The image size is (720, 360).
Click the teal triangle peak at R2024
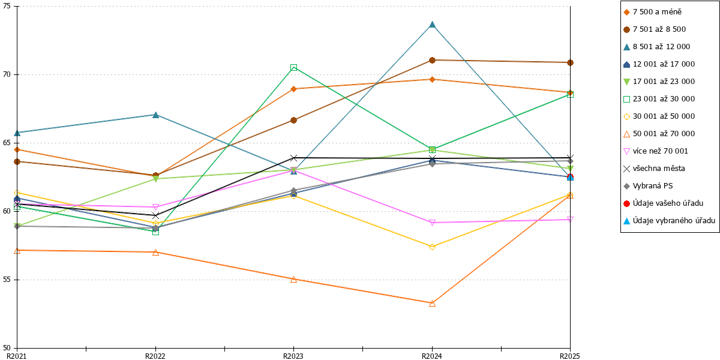[433, 25]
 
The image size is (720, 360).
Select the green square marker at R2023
[293, 67]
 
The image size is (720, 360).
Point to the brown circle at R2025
[570, 62]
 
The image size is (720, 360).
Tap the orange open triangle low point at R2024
[433, 303]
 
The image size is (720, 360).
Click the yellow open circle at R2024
[433, 247]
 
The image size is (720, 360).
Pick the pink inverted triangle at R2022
[155, 207]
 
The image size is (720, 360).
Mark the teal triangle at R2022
[155, 115]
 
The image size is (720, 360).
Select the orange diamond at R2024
[433, 79]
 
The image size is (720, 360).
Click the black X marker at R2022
[155, 215]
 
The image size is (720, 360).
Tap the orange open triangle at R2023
[293, 280]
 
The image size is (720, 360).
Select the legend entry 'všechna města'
[654, 169]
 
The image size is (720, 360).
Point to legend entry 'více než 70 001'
[655, 151]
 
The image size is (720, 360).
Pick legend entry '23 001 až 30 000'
[659, 99]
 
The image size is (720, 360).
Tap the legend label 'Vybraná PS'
[653, 186]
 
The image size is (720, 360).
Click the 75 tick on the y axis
[7, 6]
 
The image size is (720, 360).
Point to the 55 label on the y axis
[7, 280]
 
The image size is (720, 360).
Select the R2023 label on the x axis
[293, 356]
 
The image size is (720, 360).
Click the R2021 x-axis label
[17, 356]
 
